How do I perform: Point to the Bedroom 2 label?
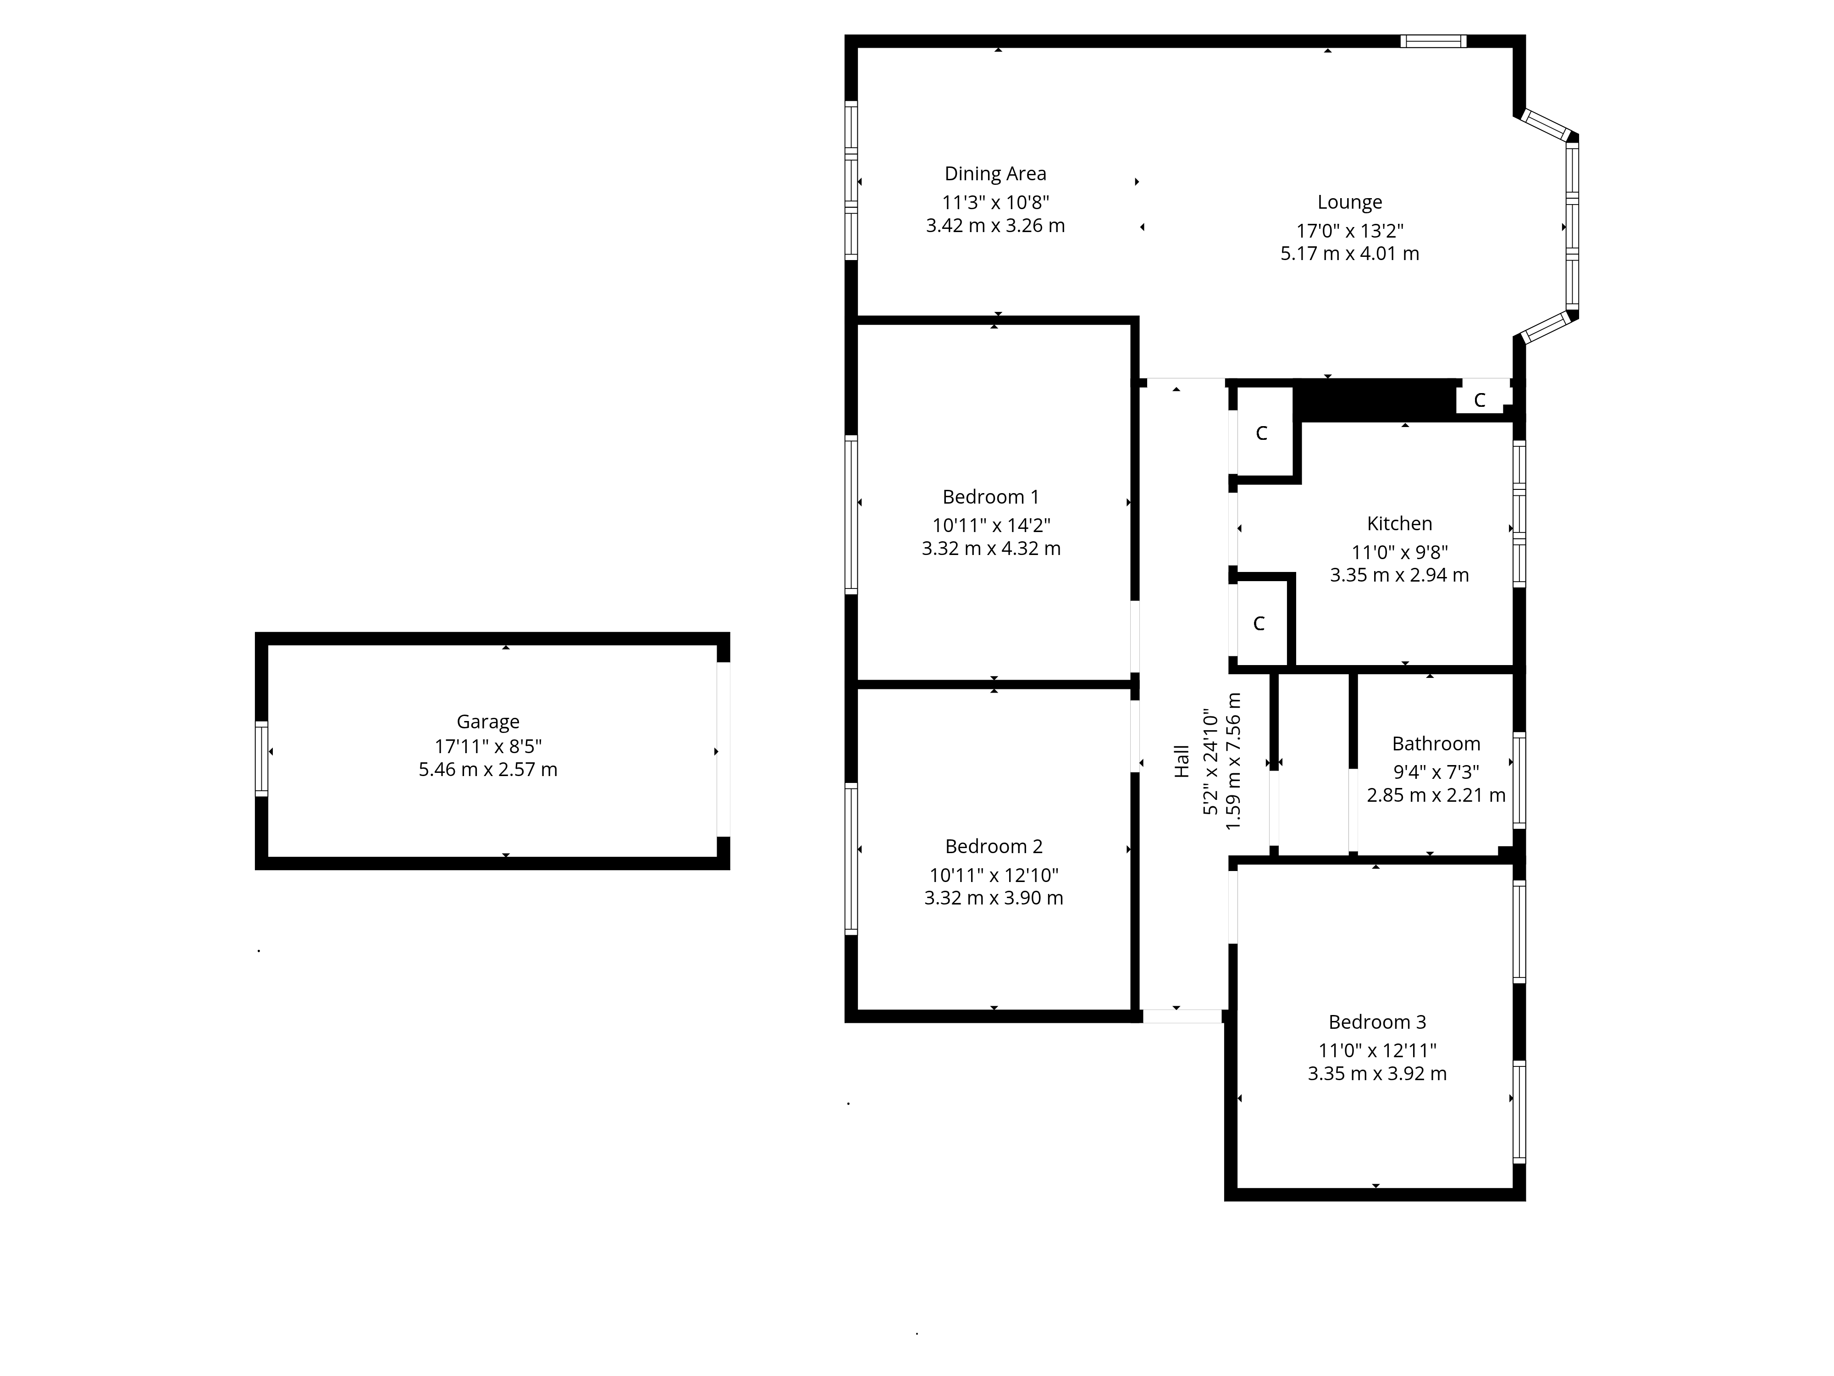click(993, 846)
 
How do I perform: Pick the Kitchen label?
click(1399, 523)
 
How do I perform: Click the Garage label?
click(487, 721)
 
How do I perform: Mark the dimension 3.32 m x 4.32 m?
click(991, 548)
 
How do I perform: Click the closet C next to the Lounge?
click(1479, 400)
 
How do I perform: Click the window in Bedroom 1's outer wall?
click(851, 514)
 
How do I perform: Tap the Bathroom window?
click(1519, 780)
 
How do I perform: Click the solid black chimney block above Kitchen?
click(1376, 400)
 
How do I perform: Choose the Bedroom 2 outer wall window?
click(851, 859)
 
